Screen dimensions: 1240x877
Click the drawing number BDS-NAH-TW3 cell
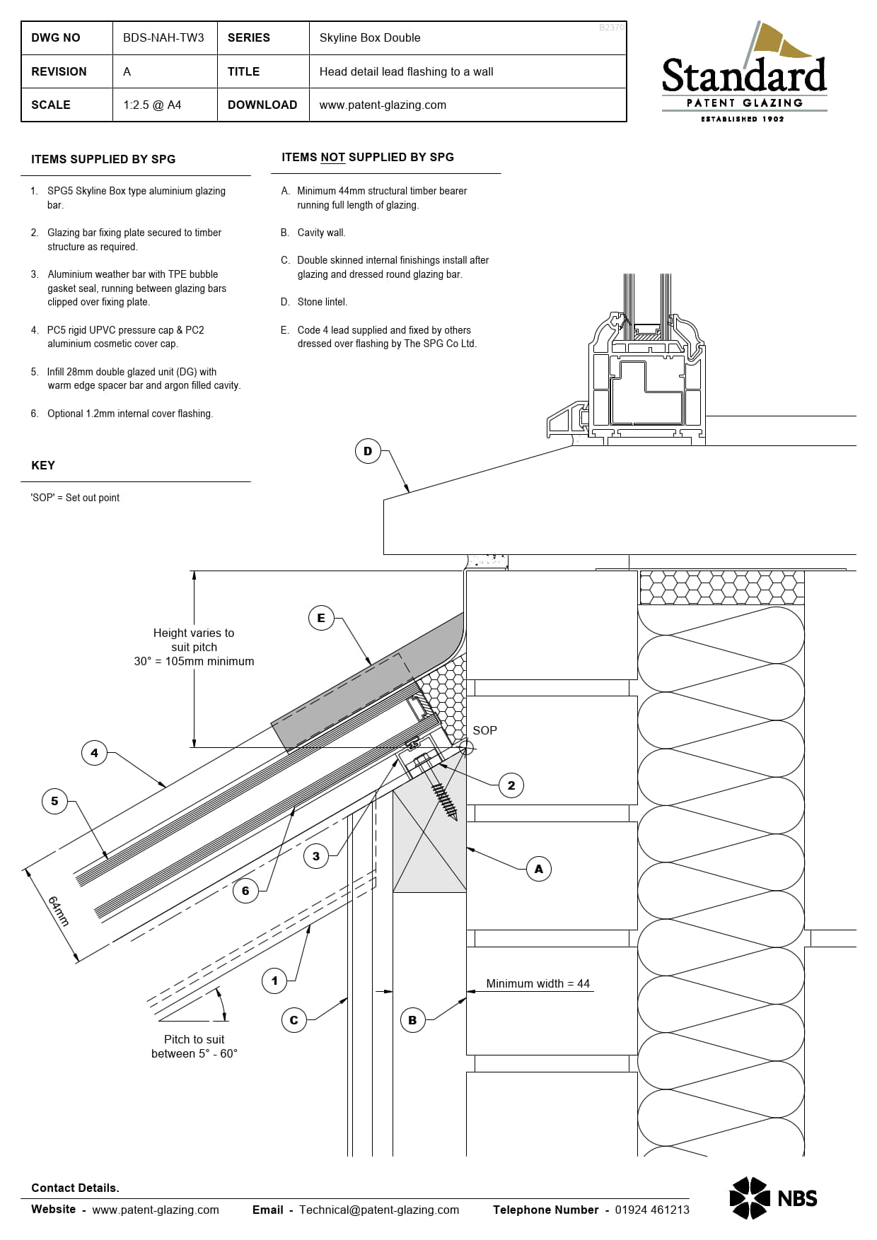[163, 37]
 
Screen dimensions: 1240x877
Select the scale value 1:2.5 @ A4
[152, 105]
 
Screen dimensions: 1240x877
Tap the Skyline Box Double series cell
[369, 37]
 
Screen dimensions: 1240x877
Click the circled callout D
[368, 451]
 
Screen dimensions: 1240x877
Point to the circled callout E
[321, 618]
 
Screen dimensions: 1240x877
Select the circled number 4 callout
[94, 753]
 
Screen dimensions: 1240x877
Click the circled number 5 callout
[54, 801]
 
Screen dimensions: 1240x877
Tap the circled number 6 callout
[245, 891]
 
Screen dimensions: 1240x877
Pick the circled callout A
[539, 869]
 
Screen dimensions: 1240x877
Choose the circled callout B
[412, 1020]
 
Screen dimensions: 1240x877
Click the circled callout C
[294, 1020]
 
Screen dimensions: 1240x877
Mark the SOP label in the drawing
[484, 730]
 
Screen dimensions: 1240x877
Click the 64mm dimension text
[59, 911]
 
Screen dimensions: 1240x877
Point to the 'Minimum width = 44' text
[538, 983]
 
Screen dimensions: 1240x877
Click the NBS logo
[773, 1198]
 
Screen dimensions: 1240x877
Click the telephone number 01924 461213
[651, 1210]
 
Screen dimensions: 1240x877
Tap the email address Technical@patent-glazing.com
[378, 1210]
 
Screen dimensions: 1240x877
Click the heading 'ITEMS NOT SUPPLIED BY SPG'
[368, 157]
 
